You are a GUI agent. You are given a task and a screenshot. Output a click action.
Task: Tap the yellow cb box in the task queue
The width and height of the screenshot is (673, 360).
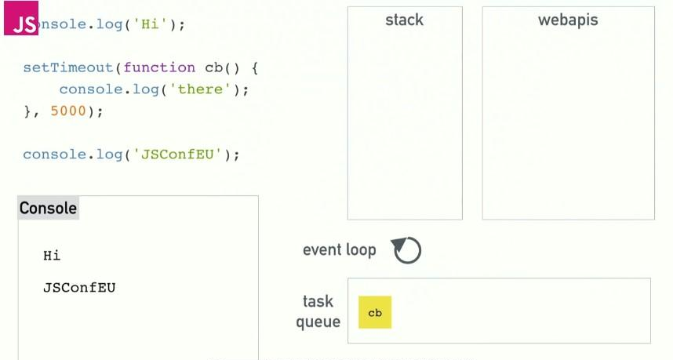[375, 312]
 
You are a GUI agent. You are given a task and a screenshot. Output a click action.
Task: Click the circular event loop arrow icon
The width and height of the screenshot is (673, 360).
[407, 250]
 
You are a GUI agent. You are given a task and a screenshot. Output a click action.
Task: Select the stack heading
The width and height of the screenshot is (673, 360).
[404, 20]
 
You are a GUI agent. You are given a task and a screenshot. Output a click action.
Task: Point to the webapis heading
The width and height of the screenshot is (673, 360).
[568, 20]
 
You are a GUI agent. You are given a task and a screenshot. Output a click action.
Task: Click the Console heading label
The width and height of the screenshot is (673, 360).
[48, 208]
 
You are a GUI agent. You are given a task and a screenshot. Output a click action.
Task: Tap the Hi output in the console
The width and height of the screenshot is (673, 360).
[52, 256]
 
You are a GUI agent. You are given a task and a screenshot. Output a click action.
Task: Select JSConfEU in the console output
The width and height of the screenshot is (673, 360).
[79, 287]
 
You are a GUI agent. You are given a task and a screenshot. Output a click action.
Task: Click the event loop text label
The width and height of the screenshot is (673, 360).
[339, 250]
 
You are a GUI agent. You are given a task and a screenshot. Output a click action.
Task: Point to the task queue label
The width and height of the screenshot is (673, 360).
[318, 311]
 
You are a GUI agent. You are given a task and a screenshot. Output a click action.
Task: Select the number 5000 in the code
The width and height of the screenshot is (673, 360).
[68, 111]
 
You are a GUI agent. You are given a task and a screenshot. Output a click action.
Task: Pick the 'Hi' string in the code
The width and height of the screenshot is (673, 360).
[151, 24]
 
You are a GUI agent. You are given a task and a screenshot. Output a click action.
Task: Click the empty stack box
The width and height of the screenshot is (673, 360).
[405, 125]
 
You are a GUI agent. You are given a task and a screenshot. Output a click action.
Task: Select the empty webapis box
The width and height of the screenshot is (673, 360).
[568, 125]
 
